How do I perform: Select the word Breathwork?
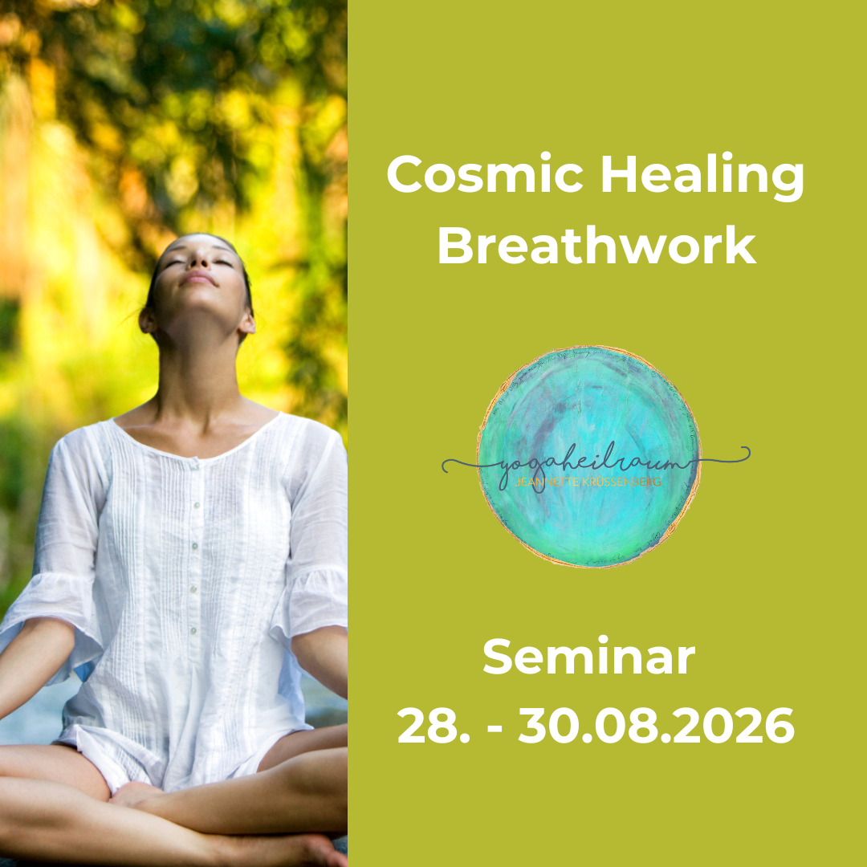tap(596, 246)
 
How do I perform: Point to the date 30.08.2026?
tap(656, 727)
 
